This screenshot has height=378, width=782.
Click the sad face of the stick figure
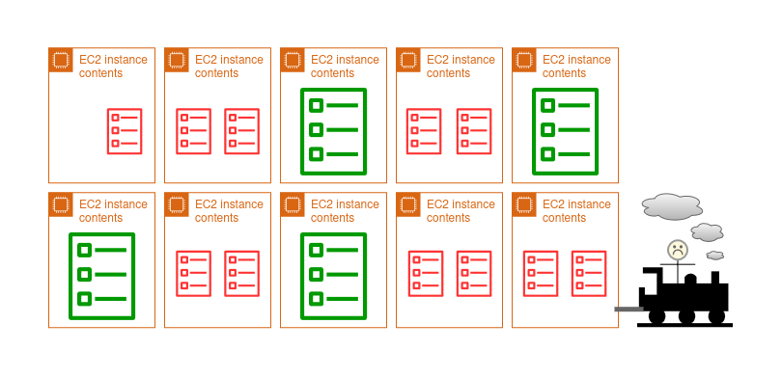coord(678,249)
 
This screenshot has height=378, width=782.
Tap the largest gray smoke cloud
coord(672,206)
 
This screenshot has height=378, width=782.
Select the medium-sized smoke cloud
coord(707,232)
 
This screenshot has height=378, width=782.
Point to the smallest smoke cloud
coord(715,255)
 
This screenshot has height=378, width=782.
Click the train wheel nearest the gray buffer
coord(656,316)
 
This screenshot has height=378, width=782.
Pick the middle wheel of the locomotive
coord(686,316)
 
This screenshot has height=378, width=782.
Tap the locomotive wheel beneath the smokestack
coord(716,316)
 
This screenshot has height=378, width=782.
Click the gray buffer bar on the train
coord(629,310)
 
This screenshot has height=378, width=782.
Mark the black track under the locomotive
coord(684,325)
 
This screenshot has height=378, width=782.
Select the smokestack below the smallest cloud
coord(715,278)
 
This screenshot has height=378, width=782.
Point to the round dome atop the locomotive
coord(690,279)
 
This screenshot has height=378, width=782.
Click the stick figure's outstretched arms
coord(678,264)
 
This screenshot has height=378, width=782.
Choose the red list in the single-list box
coord(125,131)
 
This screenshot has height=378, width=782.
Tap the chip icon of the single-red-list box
coord(61,60)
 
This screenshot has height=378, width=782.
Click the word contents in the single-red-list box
coord(100,73)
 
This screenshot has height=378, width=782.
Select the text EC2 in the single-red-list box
coord(90,60)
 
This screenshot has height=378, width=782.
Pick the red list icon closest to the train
coord(589,274)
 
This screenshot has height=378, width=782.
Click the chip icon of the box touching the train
coord(524,204)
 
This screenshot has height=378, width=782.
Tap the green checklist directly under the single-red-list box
coord(101,276)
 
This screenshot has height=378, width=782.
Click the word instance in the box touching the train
coord(589,204)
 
